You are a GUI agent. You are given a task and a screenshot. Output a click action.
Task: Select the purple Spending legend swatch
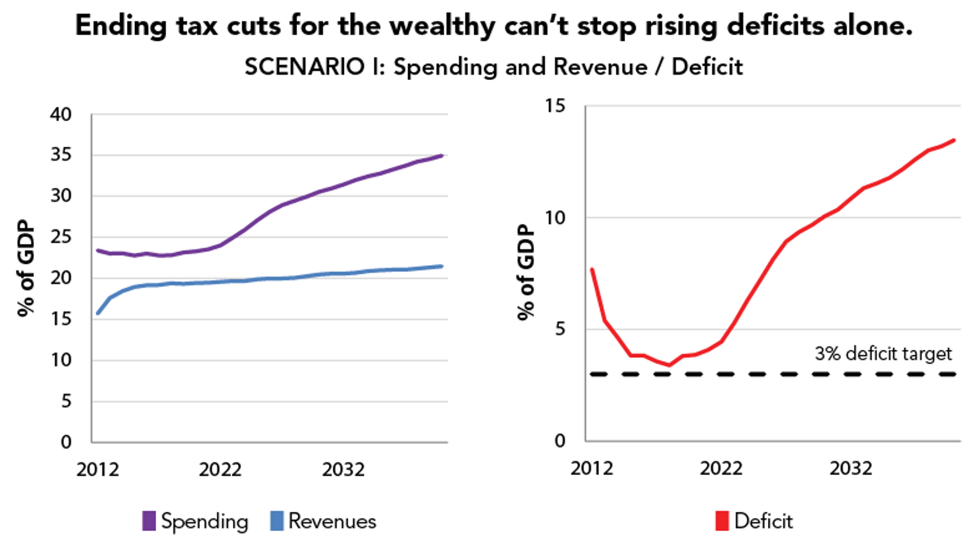pyautogui.click(x=149, y=521)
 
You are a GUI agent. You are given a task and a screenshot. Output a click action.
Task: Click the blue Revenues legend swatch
pyautogui.click(x=277, y=521)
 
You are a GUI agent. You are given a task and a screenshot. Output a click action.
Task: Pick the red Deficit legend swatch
pyautogui.click(x=722, y=521)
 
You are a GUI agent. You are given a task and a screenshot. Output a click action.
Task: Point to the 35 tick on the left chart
pyautogui.click(x=61, y=155)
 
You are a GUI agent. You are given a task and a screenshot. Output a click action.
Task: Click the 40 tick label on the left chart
pyautogui.click(x=61, y=114)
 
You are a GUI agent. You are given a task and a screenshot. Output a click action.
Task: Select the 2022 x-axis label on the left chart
pyautogui.click(x=220, y=470)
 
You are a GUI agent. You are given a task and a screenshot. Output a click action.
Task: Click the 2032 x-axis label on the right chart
pyautogui.click(x=851, y=468)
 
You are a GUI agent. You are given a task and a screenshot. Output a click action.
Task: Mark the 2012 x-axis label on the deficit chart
pyautogui.click(x=591, y=468)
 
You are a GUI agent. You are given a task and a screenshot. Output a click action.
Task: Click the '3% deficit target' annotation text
pyautogui.click(x=883, y=354)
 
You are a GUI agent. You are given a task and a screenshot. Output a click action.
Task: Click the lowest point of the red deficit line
pyautogui.click(x=669, y=365)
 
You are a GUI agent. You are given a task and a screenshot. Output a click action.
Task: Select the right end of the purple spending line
pyautogui.click(x=442, y=155)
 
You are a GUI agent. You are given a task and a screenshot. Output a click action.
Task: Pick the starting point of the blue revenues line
pyautogui.click(x=98, y=313)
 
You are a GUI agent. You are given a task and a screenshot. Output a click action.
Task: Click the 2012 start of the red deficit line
pyautogui.click(x=592, y=269)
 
